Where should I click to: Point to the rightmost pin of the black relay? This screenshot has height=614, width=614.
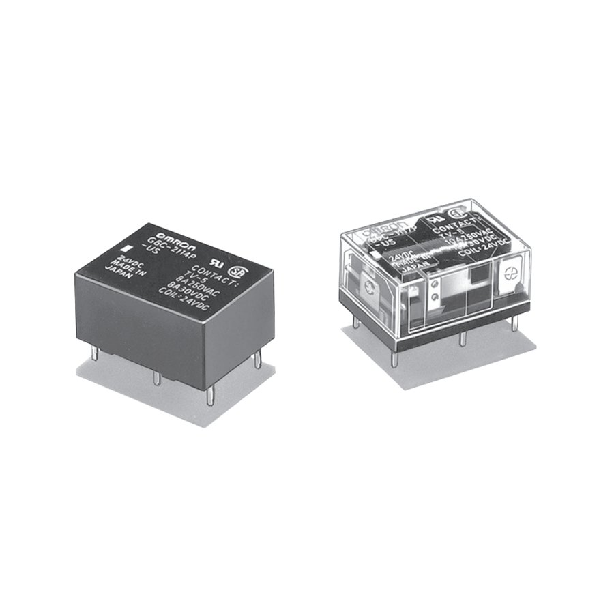257,361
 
